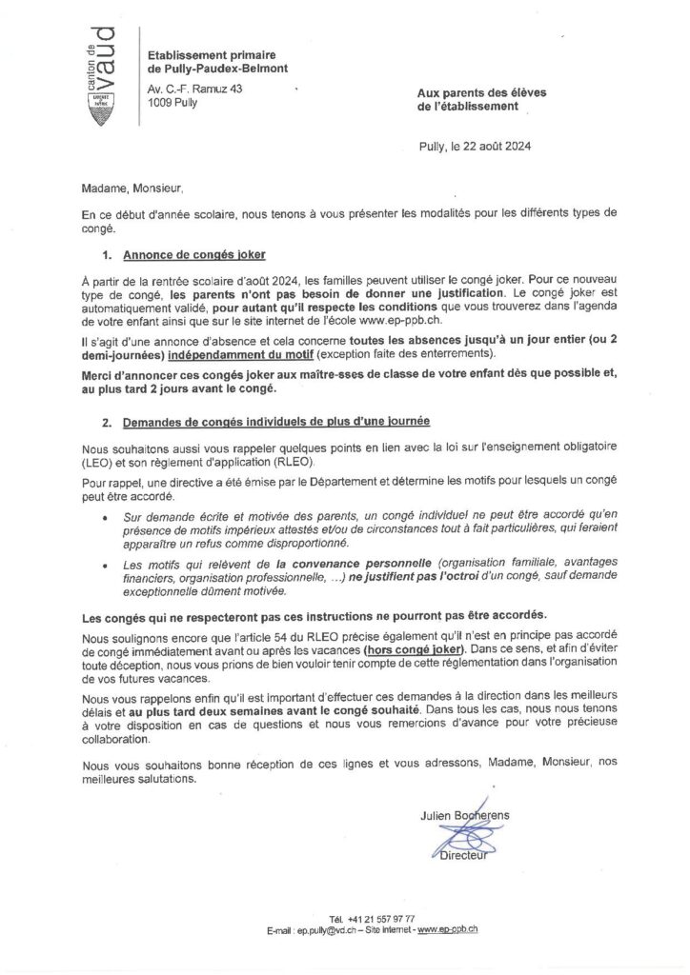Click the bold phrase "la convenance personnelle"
[x=304, y=564]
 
